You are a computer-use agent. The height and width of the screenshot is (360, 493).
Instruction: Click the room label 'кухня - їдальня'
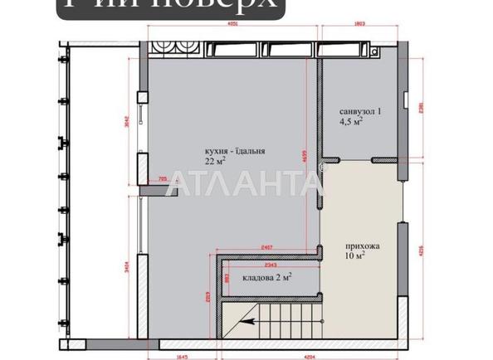(x=237, y=150)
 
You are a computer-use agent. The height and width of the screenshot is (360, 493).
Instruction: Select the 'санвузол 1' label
(x=360, y=110)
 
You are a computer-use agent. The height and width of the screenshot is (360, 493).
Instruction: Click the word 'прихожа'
(x=364, y=246)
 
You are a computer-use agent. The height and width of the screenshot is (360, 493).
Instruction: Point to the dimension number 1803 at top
(x=361, y=26)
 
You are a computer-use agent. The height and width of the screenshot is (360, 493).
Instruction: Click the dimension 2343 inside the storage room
(x=267, y=265)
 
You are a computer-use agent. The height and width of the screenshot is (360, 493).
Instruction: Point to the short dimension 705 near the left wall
(x=162, y=177)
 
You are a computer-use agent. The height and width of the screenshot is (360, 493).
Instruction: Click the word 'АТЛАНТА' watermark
(x=246, y=183)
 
